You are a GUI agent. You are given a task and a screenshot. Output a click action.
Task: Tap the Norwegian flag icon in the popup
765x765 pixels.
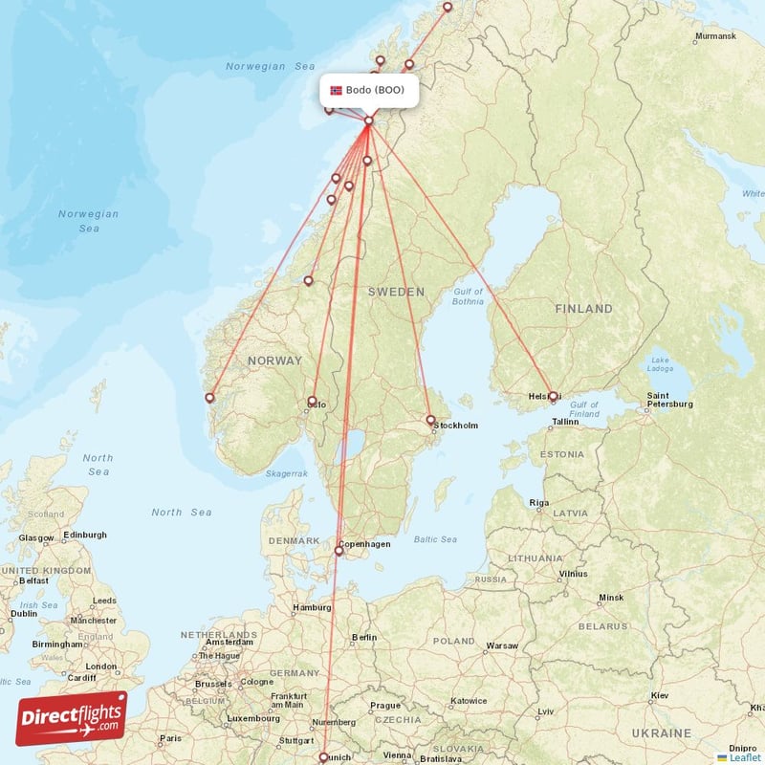click(x=336, y=90)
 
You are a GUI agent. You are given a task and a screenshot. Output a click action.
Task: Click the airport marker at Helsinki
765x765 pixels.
click(x=553, y=396)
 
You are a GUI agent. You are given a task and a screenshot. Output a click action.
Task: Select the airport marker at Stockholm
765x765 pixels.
click(x=430, y=419)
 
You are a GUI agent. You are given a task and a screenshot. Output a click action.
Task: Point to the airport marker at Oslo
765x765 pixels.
click(x=312, y=402)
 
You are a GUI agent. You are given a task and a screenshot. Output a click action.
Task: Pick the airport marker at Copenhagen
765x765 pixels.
click(x=339, y=550)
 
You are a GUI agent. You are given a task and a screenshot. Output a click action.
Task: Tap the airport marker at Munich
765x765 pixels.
click(x=323, y=757)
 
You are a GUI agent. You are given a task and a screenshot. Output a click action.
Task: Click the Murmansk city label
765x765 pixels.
click(x=715, y=36)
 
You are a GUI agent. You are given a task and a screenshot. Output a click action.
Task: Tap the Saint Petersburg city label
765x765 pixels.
click(x=669, y=399)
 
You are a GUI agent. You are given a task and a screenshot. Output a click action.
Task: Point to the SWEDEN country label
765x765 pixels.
click(x=396, y=291)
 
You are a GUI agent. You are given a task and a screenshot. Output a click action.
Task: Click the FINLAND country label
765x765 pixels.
click(x=583, y=309)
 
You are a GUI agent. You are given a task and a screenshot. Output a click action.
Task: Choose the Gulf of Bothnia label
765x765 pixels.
click(x=469, y=296)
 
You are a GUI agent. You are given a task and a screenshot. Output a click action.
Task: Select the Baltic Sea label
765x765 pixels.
click(x=435, y=540)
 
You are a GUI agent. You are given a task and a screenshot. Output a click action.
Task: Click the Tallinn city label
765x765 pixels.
click(x=565, y=421)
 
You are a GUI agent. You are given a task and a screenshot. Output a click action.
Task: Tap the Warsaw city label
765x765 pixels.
click(x=502, y=645)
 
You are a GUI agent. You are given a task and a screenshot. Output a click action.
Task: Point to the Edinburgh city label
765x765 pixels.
click(x=84, y=535)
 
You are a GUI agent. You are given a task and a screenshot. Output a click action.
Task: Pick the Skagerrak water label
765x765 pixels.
click(x=287, y=473)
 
